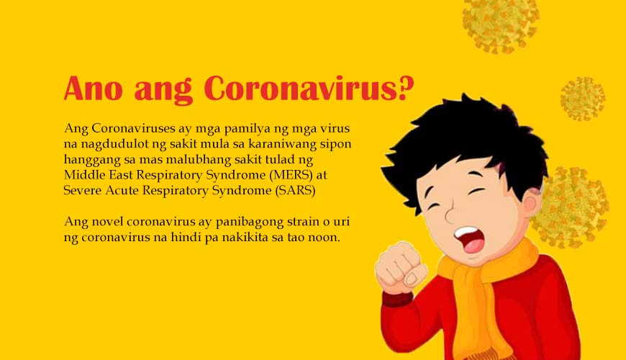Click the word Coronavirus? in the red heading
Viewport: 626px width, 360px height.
[309, 89]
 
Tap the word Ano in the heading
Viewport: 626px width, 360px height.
[93, 89]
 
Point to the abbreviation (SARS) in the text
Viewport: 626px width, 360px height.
[296, 190]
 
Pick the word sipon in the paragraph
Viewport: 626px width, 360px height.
[336, 145]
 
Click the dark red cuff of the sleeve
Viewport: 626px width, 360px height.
[396, 298]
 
